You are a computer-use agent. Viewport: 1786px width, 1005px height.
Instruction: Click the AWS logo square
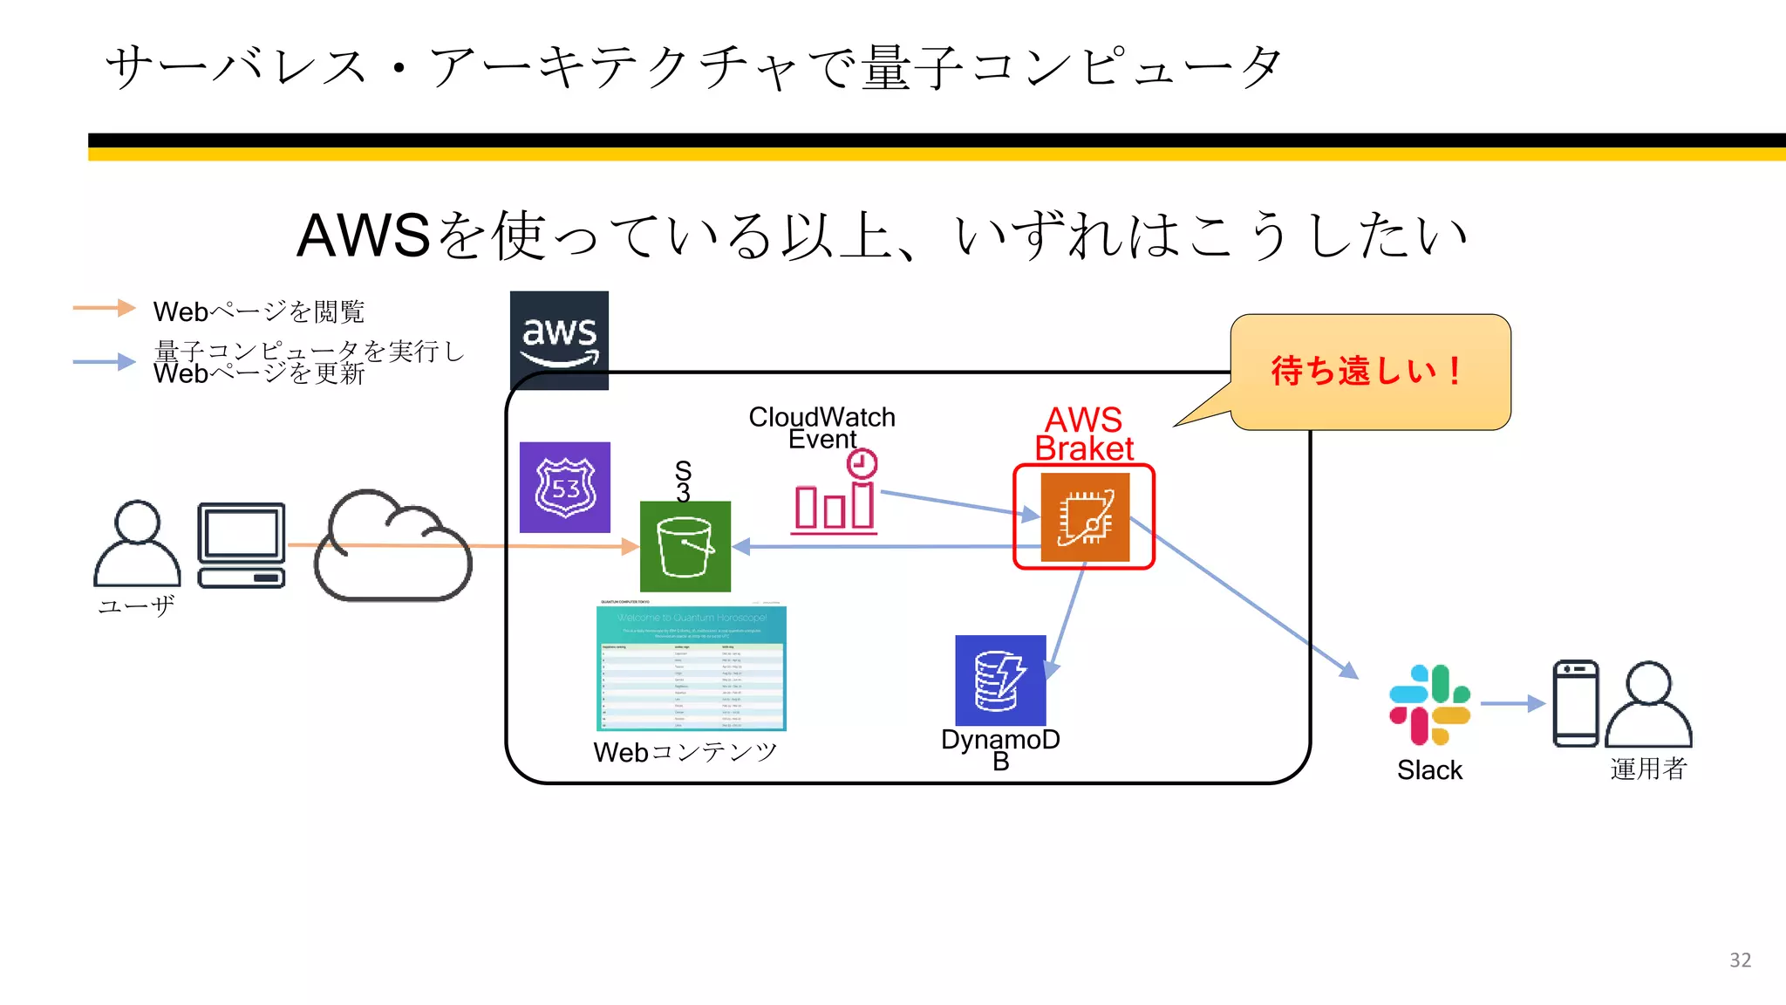point(559,339)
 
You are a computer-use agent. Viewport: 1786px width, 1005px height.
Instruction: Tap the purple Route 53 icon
point(565,488)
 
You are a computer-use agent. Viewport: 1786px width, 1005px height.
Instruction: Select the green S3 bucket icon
point(685,547)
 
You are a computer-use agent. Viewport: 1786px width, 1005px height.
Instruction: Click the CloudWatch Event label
point(821,427)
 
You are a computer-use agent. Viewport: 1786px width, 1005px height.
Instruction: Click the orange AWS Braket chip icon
point(1085,517)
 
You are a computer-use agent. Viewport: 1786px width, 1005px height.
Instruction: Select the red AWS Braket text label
point(1084,434)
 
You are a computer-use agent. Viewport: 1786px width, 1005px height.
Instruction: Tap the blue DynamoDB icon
point(1000,680)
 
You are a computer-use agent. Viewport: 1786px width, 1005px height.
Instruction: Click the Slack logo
point(1429,705)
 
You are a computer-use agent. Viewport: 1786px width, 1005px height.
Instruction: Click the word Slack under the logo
point(1429,770)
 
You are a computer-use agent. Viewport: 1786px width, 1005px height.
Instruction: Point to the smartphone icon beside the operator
point(1575,704)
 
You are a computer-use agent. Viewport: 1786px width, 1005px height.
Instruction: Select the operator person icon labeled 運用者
point(1648,704)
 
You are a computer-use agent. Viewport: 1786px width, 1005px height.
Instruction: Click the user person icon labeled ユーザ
point(137,544)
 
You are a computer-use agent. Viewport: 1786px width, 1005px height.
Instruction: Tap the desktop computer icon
point(242,545)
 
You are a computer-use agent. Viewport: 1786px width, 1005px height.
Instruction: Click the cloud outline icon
point(392,547)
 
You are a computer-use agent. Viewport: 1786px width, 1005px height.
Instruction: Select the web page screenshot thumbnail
point(692,667)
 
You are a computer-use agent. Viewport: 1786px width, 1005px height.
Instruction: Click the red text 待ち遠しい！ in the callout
point(1367,371)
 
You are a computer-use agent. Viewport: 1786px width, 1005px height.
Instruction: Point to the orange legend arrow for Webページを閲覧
point(104,307)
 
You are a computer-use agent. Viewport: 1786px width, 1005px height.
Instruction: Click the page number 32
point(1740,961)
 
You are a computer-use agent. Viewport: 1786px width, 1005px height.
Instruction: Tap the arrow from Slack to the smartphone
point(1512,703)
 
